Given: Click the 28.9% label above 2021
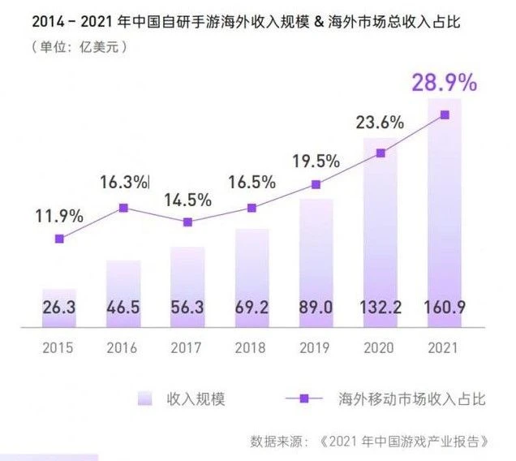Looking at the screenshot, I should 444,84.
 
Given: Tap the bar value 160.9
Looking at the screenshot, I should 444,308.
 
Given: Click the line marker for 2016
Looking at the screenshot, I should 123,208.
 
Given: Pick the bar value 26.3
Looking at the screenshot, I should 58,308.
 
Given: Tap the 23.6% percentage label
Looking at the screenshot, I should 381,123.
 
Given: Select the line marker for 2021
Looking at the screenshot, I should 445,114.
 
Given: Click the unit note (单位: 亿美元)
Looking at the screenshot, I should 78,46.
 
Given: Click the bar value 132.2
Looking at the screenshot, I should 381,308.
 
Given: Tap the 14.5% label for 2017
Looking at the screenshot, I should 187,199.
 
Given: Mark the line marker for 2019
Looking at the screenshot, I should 316,184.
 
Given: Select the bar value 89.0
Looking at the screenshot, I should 316,308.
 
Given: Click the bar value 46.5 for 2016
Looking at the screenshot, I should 123,308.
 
